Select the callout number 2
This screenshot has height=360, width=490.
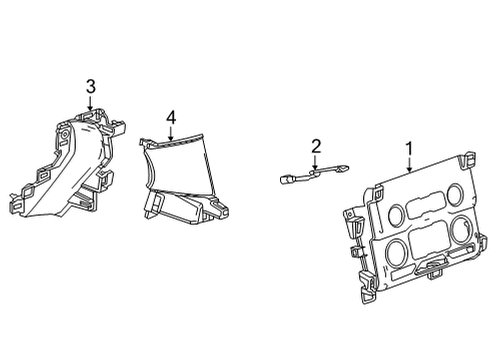pyautogui.click(x=316, y=146)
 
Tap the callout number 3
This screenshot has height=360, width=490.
pyautogui.click(x=91, y=86)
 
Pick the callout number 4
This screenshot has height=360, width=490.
pyautogui.click(x=170, y=118)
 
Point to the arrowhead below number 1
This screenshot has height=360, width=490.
pyautogui.click(x=407, y=171)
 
